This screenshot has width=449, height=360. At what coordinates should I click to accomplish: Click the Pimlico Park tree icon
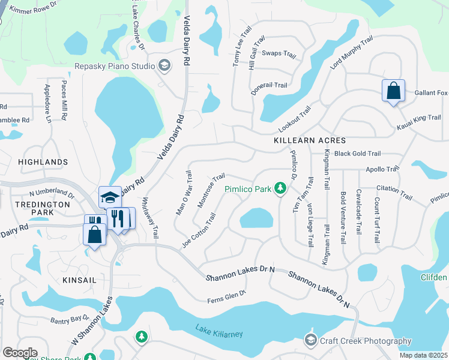point(279,189)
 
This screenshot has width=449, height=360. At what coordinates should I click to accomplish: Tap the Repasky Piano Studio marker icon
point(164,66)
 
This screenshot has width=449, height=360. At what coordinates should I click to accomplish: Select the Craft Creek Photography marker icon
point(310,340)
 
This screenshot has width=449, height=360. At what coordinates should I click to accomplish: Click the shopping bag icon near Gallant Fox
point(393,91)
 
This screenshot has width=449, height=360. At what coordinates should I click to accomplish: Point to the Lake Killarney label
point(220,329)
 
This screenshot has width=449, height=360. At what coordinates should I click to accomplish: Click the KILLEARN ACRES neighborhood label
point(310,140)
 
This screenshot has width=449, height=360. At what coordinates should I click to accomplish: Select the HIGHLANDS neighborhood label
point(43,162)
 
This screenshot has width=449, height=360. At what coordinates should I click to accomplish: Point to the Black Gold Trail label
point(358,154)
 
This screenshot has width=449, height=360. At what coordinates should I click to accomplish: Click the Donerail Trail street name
point(268,85)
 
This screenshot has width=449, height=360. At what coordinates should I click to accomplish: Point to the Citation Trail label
point(394,192)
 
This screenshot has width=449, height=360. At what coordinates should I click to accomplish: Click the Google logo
point(20,352)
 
